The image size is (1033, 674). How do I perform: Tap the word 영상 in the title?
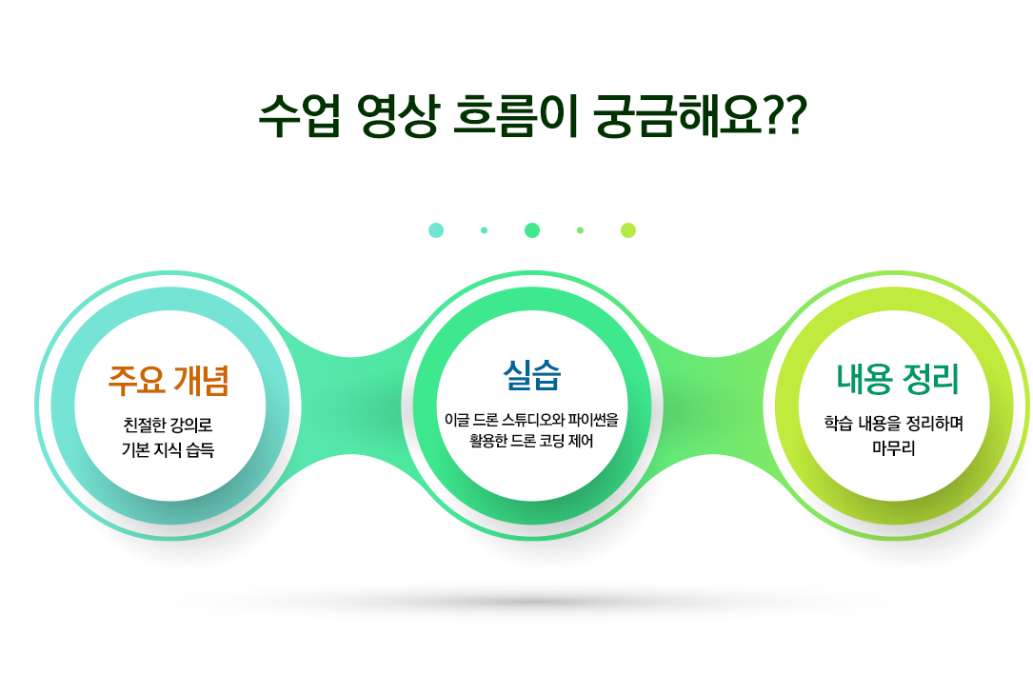397,115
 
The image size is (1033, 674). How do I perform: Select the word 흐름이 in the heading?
516,115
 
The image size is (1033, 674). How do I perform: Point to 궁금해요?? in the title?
701,115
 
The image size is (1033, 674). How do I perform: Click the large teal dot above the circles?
436,230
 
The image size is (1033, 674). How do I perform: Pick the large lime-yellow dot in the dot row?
628,230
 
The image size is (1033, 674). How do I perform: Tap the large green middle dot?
532,230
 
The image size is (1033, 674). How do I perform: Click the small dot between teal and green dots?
485,230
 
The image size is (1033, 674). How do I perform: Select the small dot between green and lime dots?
581,230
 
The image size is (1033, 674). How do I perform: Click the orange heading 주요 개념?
169,380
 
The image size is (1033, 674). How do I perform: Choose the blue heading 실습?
532,375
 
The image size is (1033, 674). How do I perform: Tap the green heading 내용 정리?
898,379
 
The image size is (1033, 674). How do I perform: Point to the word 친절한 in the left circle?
145,425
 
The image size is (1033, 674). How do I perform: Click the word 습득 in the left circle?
200,450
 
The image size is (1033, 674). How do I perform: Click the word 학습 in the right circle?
838,423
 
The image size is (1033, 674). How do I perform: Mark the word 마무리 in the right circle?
894,448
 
